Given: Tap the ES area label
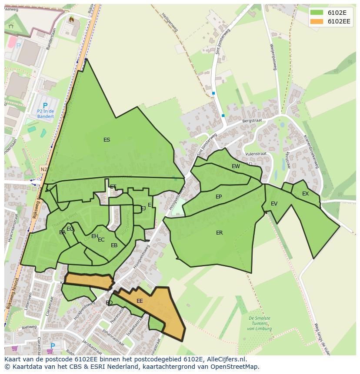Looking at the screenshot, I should pos(107,140).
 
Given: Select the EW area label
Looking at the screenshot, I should pos(236,166).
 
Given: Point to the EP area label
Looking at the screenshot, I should pos(219,197).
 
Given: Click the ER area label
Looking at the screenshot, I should pos(219,233).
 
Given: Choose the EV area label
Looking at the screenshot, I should pos(274,204).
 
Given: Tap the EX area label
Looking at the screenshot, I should pos(305,194).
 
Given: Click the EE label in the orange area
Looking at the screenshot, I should pos(140,301).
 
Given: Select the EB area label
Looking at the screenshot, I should pos(114,245).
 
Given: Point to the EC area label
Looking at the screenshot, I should pos(101,240).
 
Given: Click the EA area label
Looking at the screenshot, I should pos(62,232).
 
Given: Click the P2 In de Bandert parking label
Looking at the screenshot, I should pos(45,113).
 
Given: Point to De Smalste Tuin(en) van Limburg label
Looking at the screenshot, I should pos(260,323).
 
